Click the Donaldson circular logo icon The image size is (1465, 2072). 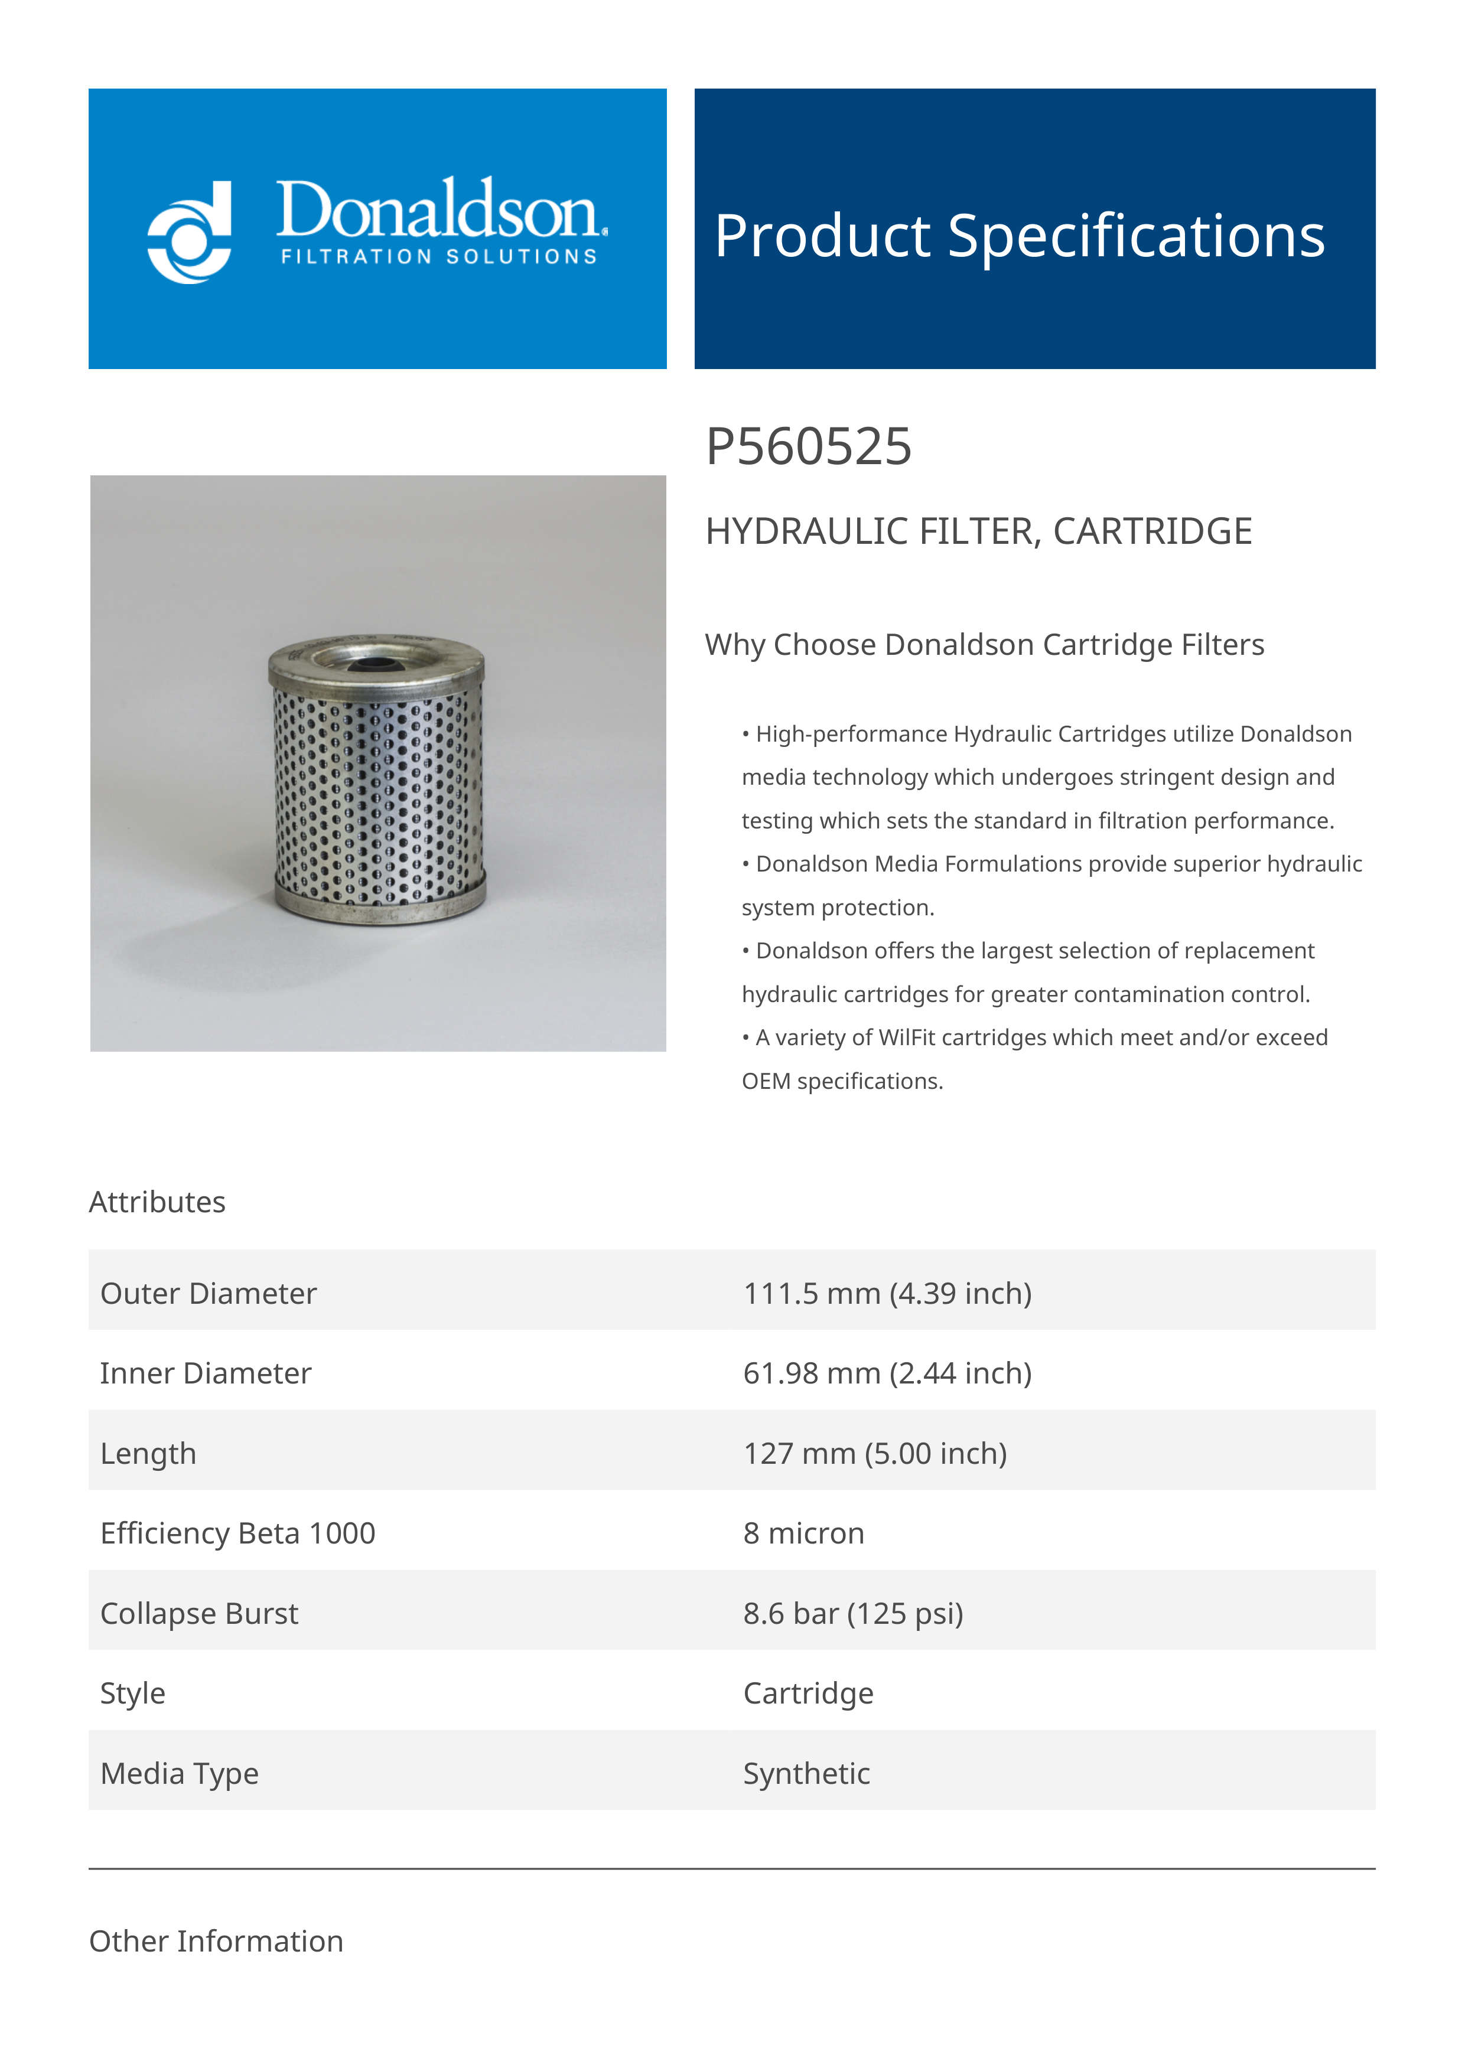pyautogui.click(x=190, y=233)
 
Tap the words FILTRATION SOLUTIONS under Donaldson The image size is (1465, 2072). pyautogui.click(x=439, y=257)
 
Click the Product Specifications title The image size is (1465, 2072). pyautogui.click(x=1019, y=236)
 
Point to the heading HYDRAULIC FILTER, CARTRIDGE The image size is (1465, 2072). pyautogui.click(x=978, y=531)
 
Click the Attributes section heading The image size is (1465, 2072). pyautogui.click(x=157, y=1202)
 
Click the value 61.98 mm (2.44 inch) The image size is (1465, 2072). pyautogui.click(x=887, y=1373)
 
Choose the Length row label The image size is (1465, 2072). pyautogui.click(x=148, y=1453)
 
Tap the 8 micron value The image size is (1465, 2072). pyautogui.click(x=803, y=1533)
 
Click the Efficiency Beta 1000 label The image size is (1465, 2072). pyautogui.click(x=237, y=1533)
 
